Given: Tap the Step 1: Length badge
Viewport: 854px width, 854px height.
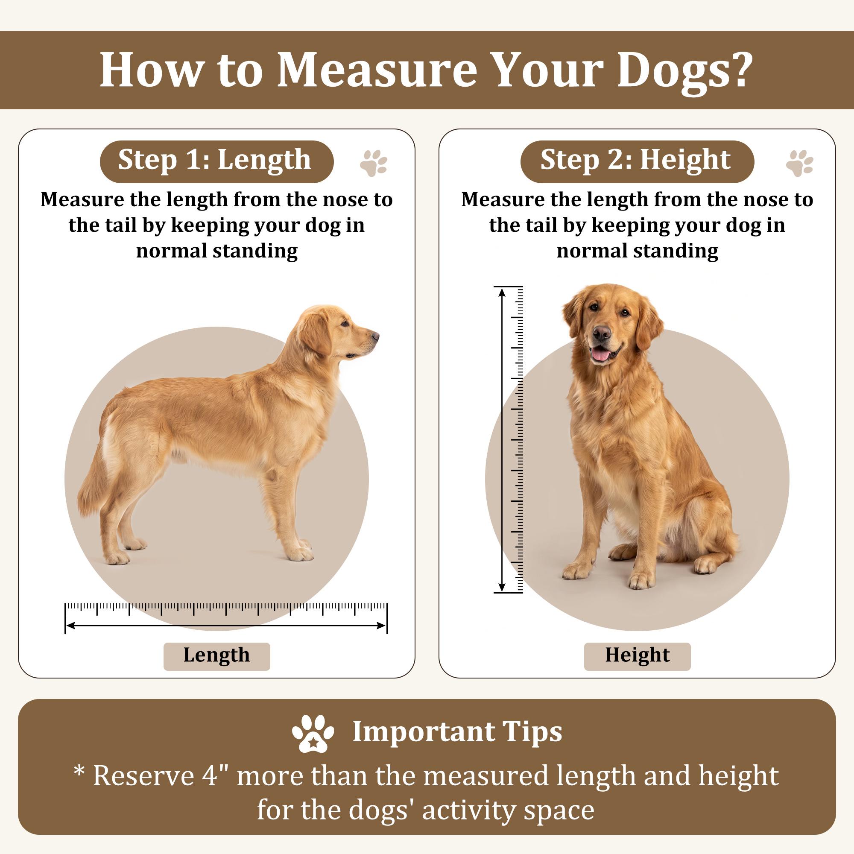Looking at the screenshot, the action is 216,161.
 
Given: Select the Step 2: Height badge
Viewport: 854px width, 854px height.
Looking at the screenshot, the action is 637,161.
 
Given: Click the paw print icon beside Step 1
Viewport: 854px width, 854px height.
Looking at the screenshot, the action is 374,163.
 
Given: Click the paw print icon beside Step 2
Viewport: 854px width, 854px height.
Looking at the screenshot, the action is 800,163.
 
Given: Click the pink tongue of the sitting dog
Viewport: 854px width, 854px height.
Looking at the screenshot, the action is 600,354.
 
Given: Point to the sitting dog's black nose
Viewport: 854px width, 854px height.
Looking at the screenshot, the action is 602,332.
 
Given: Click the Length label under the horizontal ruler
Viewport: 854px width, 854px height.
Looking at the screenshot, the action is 216,655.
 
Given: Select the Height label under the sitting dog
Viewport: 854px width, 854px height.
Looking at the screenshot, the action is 637,655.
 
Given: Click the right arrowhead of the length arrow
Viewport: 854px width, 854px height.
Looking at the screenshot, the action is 381,626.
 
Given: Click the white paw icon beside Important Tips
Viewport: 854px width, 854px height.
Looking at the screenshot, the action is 313,733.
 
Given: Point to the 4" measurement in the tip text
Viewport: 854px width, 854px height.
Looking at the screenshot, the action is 216,776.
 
